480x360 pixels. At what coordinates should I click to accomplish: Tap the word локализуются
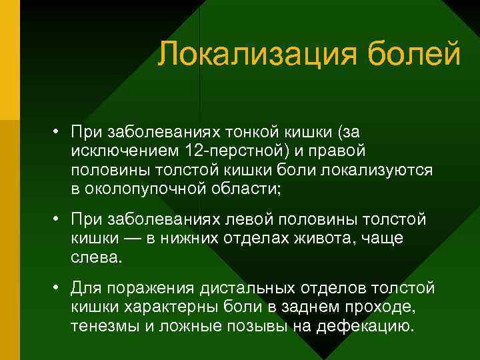(x=376, y=170)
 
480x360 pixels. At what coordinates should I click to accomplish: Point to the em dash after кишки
(x=124, y=239)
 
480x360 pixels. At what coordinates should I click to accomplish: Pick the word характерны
(x=171, y=307)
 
